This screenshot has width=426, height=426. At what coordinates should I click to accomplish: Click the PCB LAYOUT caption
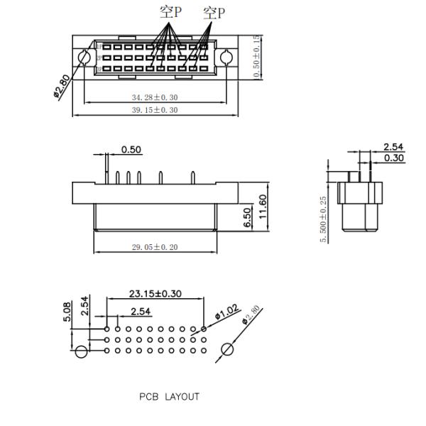[169, 396]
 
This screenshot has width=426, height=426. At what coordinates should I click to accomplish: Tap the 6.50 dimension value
[248, 218]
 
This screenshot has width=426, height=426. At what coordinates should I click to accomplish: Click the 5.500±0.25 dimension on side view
[324, 219]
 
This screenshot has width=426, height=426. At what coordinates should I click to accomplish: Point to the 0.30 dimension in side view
[394, 158]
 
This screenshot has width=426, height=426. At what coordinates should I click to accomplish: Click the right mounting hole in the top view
[226, 58]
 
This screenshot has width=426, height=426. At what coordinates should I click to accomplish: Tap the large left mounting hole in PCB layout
[82, 352]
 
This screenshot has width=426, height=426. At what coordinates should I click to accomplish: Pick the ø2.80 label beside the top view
[62, 87]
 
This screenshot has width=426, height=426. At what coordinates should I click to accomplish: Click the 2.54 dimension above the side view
[393, 147]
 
